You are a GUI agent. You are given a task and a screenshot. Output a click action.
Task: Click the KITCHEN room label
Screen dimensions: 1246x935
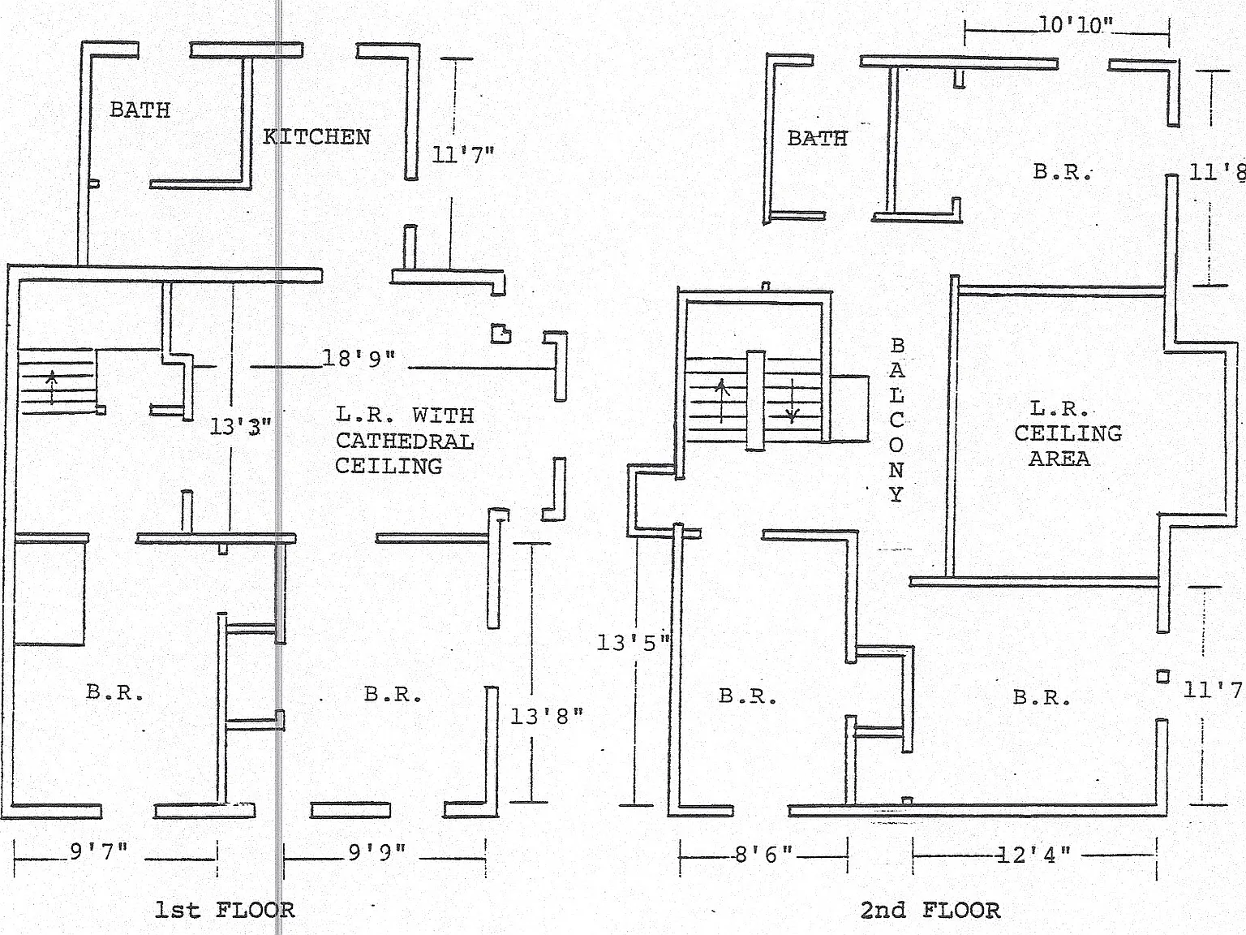click(x=316, y=137)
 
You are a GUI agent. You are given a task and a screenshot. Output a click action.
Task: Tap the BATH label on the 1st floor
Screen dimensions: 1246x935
click(x=140, y=110)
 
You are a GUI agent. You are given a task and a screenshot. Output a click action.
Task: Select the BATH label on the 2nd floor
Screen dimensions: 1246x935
click(x=817, y=138)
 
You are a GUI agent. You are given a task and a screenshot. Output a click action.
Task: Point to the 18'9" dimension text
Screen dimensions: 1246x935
click(x=359, y=358)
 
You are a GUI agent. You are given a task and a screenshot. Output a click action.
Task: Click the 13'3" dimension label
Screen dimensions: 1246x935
click(x=240, y=426)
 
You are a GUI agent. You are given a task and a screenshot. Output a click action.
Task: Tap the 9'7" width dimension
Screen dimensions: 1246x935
click(x=99, y=851)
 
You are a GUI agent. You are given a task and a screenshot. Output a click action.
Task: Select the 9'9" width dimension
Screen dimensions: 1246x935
click(x=377, y=852)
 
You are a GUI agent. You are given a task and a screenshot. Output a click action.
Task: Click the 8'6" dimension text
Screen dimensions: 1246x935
click(x=763, y=854)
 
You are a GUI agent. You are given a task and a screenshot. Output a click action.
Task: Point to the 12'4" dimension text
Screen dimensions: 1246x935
click(x=1033, y=855)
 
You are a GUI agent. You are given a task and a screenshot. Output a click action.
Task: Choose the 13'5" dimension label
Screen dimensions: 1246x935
click(x=634, y=643)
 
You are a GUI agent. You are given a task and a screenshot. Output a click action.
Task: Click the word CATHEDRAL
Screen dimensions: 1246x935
click(x=405, y=441)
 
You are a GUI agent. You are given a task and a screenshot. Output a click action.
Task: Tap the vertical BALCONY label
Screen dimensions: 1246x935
click(x=896, y=420)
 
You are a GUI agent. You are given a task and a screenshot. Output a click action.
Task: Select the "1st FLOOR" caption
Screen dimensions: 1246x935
click(x=225, y=911)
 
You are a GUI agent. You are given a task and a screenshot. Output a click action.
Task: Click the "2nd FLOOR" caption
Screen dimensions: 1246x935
click(x=930, y=911)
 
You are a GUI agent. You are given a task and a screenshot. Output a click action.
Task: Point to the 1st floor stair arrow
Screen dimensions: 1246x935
click(x=52, y=386)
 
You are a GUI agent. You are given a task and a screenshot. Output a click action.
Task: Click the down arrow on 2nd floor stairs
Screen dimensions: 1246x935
click(x=793, y=401)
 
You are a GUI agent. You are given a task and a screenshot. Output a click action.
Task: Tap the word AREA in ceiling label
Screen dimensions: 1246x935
click(x=1059, y=459)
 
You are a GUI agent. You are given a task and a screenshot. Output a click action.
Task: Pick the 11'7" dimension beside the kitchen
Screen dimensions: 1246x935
click(x=463, y=154)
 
